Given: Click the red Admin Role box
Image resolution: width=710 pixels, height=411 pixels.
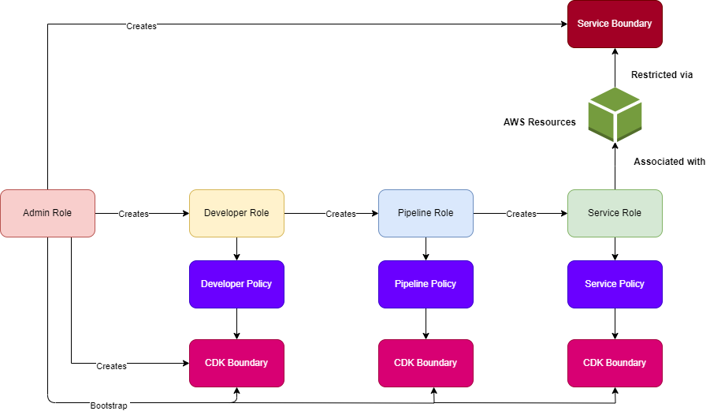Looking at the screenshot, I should pos(47,213).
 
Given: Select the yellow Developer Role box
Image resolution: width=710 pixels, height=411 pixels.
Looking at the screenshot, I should pos(236,213).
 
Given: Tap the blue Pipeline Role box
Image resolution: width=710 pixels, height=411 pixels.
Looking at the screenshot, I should pos(426,213).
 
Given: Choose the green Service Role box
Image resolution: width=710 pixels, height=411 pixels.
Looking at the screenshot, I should pos(615,213).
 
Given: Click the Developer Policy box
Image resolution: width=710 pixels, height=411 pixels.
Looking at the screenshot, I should pos(236,284).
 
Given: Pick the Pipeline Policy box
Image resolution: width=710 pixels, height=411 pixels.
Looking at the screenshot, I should pos(426,284).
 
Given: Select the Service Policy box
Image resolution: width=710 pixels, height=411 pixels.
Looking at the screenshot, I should pos(615,284).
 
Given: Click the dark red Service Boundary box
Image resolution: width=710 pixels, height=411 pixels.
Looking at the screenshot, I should pos(615,24).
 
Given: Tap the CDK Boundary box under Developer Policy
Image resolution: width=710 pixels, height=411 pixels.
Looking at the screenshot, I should pos(236,363).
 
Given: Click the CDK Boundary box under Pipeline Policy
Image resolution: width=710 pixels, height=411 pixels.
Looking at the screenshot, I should pos(426,363).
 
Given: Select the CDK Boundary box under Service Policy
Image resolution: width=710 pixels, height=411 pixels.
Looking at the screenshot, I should pos(615,363).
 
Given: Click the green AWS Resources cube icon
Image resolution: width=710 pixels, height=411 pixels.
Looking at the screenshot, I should pos(615,114).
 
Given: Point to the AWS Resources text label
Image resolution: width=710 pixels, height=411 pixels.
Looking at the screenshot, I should pos(540,122).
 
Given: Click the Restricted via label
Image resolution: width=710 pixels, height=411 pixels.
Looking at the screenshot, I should pos(662,75).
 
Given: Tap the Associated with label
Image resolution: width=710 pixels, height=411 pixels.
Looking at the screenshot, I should pos(669,162).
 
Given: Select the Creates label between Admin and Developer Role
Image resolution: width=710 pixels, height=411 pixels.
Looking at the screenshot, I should pos(133,214).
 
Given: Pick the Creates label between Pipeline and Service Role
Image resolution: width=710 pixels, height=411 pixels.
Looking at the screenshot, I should pos(521,214).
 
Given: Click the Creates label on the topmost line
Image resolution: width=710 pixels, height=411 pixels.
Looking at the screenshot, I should pos(141,26).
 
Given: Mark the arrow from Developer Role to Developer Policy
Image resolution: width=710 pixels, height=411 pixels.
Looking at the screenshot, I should pos(236,248).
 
